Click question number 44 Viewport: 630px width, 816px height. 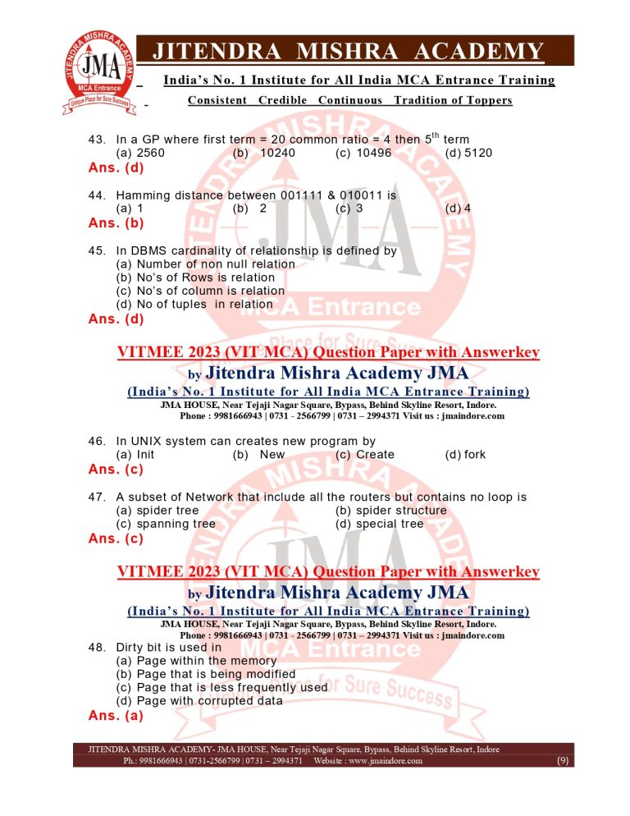(x=98, y=195)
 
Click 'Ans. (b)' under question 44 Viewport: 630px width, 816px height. (x=116, y=222)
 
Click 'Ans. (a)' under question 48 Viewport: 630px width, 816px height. (x=116, y=715)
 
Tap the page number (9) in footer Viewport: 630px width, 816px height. (x=563, y=761)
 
